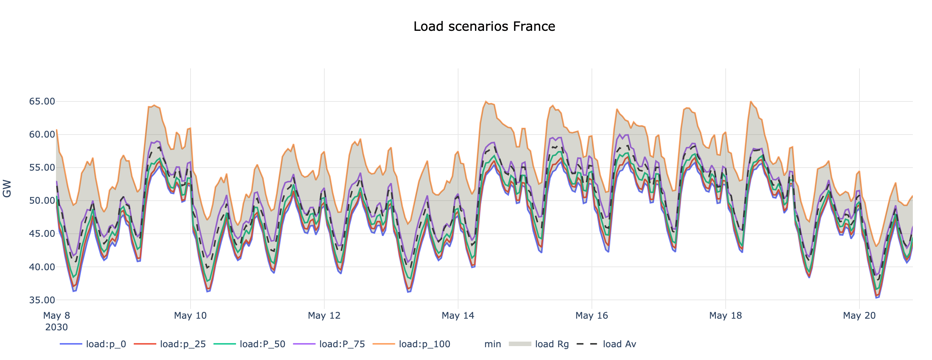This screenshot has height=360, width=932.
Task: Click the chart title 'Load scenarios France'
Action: (484, 27)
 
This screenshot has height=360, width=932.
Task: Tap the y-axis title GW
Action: (7, 189)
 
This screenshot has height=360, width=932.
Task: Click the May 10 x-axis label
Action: (190, 316)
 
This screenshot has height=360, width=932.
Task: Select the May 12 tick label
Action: (324, 316)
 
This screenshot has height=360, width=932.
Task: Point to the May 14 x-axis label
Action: (458, 316)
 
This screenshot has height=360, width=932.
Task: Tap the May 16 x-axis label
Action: (592, 316)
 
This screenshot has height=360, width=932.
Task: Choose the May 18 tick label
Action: (725, 316)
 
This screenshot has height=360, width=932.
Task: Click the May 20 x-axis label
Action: (859, 316)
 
